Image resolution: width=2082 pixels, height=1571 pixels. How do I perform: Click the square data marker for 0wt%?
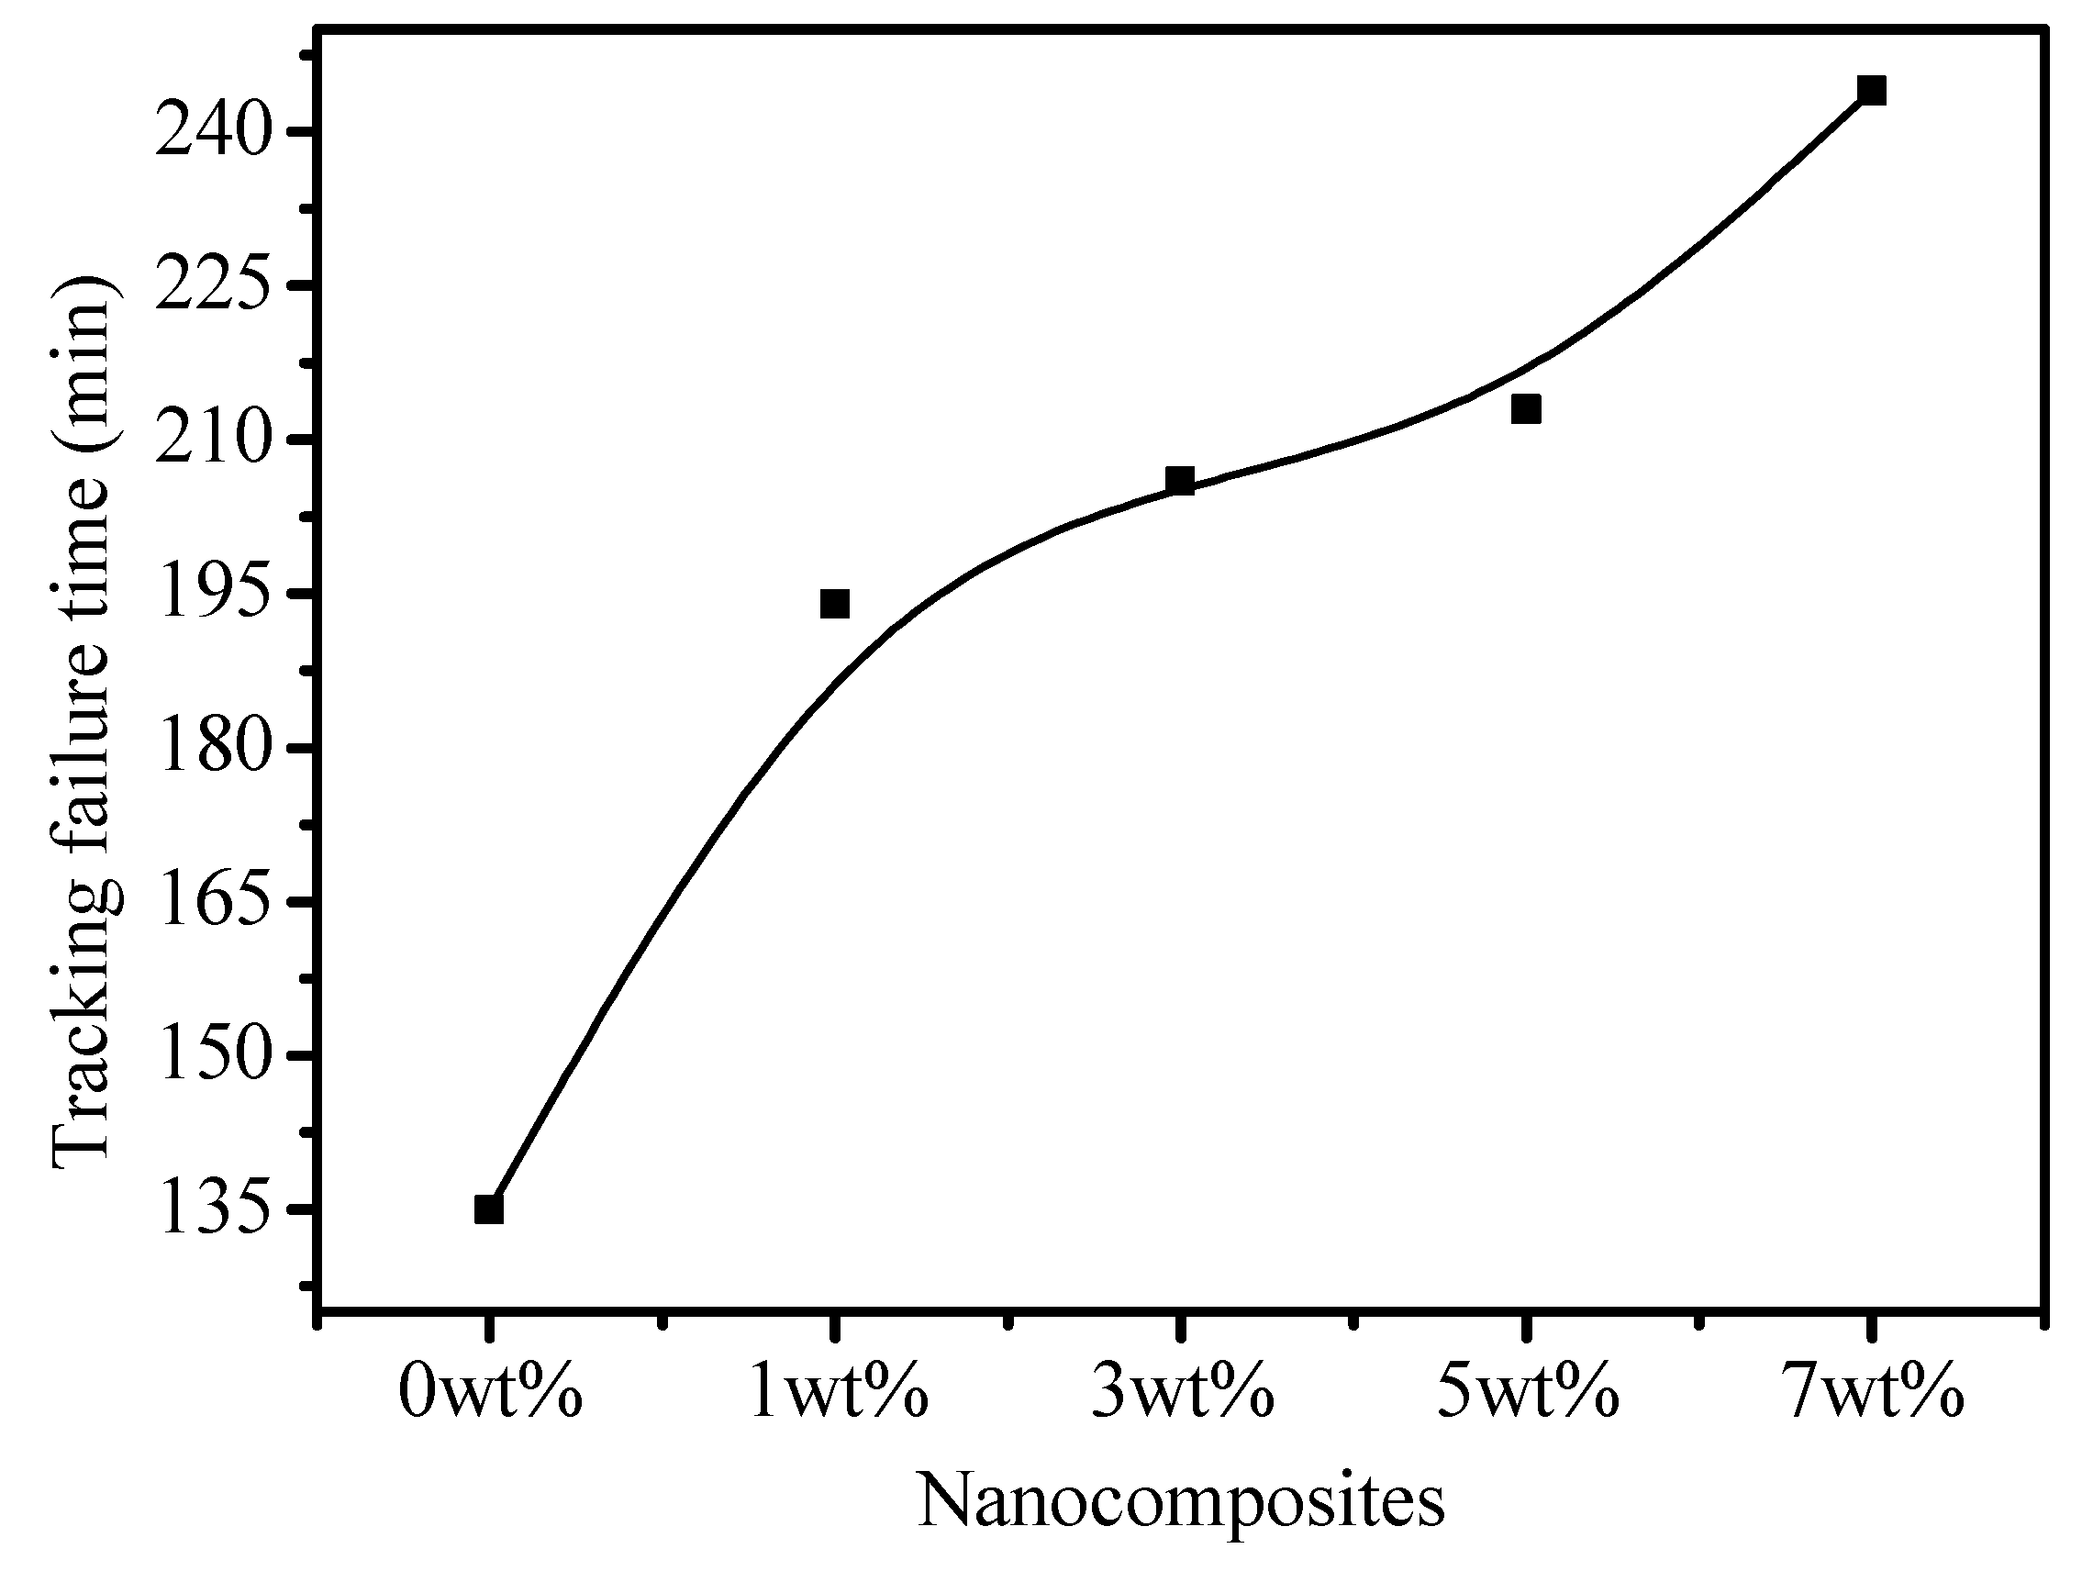(x=488, y=1209)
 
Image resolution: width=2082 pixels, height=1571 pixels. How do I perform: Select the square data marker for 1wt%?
(x=835, y=604)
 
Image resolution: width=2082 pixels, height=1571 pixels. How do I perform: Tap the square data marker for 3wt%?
(x=1179, y=480)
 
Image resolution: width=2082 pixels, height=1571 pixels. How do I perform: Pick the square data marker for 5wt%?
(x=1526, y=408)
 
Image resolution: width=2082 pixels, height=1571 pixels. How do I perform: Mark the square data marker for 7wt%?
(x=1871, y=90)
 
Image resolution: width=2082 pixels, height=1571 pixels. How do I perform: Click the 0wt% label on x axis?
(x=490, y=1392)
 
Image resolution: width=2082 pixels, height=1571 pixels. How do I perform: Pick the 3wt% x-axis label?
(x=1182, y=1392)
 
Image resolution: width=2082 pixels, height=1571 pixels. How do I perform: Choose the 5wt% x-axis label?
(x=1528, y=1392)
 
